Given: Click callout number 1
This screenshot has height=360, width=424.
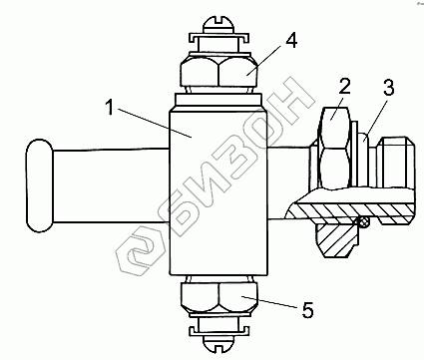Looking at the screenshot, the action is coord(110,107).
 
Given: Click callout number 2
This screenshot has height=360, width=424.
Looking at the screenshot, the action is coord(344,87).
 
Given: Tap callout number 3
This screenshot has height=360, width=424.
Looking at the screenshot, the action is coord(388,87).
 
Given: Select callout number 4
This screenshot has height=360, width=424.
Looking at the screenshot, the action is coord(291,41).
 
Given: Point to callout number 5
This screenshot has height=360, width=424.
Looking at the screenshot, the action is coord(307,310).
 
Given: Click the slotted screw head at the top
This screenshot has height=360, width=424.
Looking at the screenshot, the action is coord(218,25).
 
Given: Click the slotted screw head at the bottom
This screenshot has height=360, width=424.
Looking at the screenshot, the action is coord(218,343).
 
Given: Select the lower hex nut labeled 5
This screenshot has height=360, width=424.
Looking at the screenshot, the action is coord(218,297).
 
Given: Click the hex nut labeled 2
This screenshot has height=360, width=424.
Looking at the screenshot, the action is coord(334,148).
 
